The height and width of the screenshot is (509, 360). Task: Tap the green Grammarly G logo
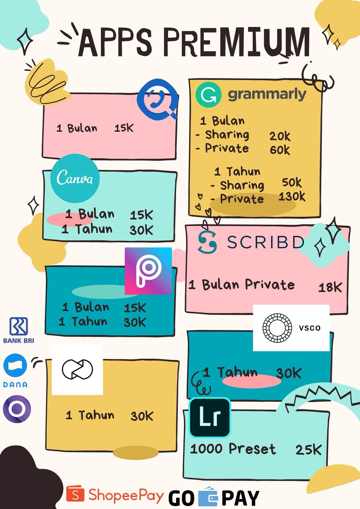[x=208, y=95]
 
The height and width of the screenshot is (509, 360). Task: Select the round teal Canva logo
[x=75, y=179]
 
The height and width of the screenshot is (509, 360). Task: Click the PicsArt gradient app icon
[x=148, y=271]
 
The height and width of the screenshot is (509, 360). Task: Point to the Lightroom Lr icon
[x=210, y=418]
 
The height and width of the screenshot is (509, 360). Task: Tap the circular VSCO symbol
[x=277, y=327]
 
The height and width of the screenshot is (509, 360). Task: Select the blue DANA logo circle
[x=15, y=365]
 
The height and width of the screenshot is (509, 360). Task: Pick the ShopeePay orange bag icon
[x=75, y=494]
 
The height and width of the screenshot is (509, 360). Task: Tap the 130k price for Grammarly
[x=292, y=197]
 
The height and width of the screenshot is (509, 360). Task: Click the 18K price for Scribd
[x=330, y=287]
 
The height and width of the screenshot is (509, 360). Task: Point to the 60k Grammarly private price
[x=280, y=150]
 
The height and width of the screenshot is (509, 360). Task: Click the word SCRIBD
[x=265, y=242]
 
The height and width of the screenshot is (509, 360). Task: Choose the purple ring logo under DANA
[x=17, y=409]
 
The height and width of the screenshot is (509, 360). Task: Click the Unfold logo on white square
[x=77, y=369]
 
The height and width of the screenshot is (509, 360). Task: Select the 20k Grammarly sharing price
[x=280, y=136]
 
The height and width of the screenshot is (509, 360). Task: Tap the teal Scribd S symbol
[x=207, y=242]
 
